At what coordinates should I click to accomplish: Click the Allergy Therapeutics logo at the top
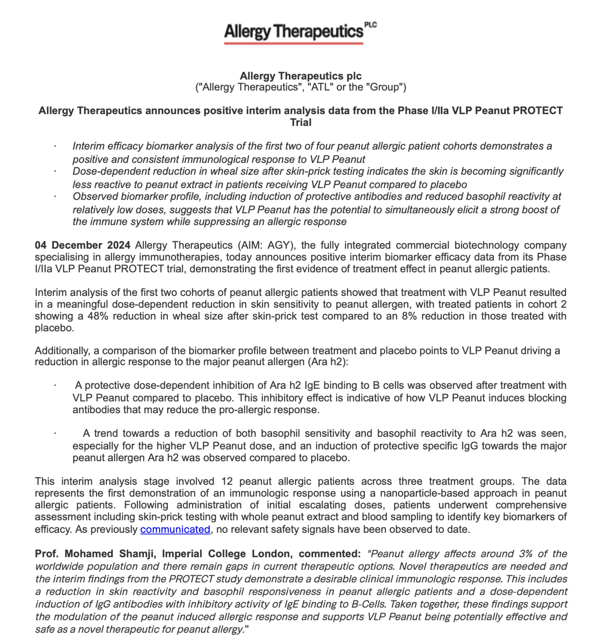294,32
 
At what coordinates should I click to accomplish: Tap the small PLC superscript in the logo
371,25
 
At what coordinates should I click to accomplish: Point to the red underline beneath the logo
293,43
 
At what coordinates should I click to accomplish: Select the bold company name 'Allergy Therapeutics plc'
300,76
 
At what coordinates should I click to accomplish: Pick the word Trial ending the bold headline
300,123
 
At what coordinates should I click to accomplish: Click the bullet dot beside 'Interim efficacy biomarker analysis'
55,146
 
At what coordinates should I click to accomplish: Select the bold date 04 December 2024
82,245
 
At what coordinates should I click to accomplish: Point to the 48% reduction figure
98,316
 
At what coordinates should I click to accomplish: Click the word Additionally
62,351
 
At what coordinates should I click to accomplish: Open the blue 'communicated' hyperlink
175,529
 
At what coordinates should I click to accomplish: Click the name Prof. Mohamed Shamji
94,554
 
